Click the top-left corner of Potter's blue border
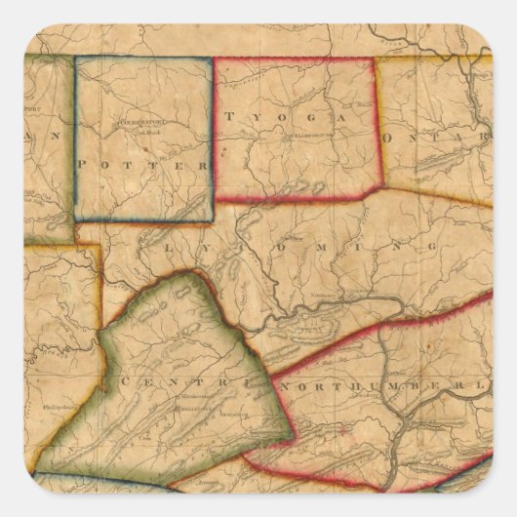tap(76, 57)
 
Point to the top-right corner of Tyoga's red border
tap(376, 59)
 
